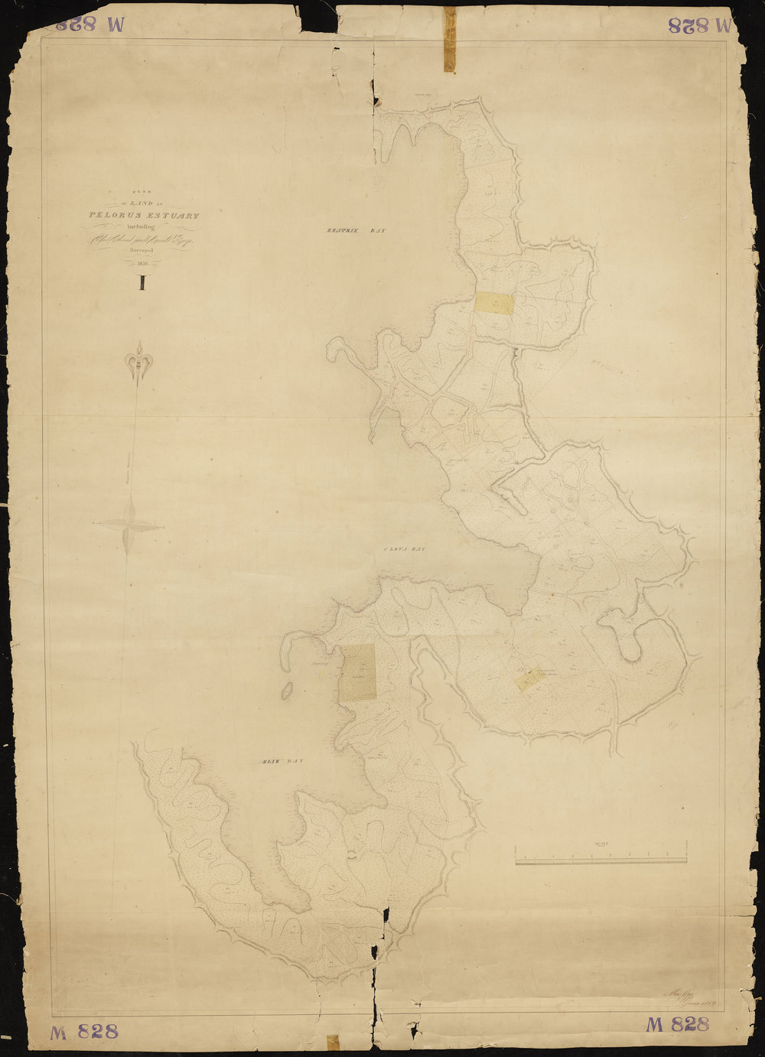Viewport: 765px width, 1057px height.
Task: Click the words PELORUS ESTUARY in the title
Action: point(144,216)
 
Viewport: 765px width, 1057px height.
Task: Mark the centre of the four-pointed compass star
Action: point(129,525)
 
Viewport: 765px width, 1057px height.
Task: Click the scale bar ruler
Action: point(601,862)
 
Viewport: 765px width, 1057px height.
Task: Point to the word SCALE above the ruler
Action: point(601,844)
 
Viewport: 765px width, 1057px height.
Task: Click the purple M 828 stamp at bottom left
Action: point(84,1031)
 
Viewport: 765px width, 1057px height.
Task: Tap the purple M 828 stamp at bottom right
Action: point(678,1025)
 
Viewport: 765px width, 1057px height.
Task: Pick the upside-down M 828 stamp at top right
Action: point(699,24)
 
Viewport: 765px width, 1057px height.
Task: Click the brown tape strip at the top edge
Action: point(450,38)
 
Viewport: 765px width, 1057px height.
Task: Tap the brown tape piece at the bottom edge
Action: point(333,1042)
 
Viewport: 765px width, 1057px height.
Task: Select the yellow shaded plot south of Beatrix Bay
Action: point(493,304)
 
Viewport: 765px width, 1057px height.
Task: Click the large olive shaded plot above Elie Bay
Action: point(357,672)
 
